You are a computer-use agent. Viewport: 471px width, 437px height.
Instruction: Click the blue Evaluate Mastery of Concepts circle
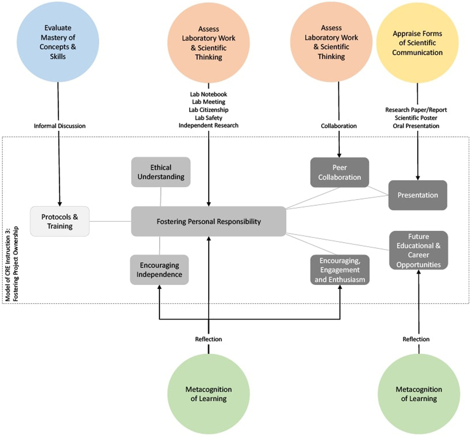click(x=58, y=42)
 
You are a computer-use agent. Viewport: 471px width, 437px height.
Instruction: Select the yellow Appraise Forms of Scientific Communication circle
click(x=417, y=43)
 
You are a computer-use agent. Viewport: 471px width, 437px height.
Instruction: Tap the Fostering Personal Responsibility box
click(x=209, y=221)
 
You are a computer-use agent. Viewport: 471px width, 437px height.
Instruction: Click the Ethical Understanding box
click(x=161, y=172)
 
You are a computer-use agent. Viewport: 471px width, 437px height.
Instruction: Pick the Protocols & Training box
click(x=60, y=221)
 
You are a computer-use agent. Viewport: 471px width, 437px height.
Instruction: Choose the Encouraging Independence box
click(x=159, y=270)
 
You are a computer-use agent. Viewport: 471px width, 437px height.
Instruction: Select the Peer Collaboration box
click(x=339, y=172)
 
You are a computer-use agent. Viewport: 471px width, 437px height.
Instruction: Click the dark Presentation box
click(x=418, y=195)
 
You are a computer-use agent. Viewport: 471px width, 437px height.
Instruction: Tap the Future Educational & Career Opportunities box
click(x=419, y=250)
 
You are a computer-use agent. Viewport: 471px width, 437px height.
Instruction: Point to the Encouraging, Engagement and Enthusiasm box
click(x=340, y=270)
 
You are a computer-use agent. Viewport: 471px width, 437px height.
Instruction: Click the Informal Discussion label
click(x=60, y=126)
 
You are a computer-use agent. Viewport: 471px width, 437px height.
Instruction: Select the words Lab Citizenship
click(x=208, y=110)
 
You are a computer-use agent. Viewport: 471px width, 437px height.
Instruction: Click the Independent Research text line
click(x=208, y=125)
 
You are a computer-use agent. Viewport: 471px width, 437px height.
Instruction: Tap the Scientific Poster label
click(x=416, y=118)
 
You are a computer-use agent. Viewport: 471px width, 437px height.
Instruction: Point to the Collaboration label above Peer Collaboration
click(x=339, y=126)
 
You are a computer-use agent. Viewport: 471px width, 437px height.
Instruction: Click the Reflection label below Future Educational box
click(x=416, y=339)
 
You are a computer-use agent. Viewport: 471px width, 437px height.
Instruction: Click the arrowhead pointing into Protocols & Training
click(x=60, y=204)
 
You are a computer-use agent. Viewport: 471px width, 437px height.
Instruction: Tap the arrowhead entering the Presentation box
click(x=418, y=178)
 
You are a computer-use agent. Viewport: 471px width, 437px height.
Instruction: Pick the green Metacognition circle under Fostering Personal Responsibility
click(x=208, y=394)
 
